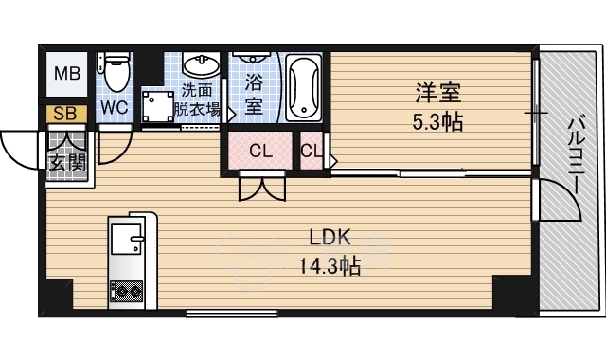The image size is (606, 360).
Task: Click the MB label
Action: [x=67, y=73]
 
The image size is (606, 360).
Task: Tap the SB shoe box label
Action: [x=65, y=114]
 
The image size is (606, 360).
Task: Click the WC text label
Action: [x=115, y=107]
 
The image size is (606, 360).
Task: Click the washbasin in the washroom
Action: [x=201, y=64]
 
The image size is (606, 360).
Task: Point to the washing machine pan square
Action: [x=158, y=106]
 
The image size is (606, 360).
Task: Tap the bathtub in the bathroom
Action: [x=304, y=88]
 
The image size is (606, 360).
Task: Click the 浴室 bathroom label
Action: [x=254, y=94]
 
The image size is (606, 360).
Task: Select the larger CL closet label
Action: [x=261, y=151]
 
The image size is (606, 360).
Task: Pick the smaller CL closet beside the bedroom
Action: [x=312, y=151]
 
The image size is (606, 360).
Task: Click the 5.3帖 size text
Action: [x=437, y=122]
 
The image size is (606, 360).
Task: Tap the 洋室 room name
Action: [x=438, y=93]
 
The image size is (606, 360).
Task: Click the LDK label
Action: [x=330, y=237]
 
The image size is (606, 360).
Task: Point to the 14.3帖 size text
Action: [x=330, y=266]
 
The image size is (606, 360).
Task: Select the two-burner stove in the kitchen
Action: [x=127, y=292]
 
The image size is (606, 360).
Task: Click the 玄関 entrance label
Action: [x=67, y=162]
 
